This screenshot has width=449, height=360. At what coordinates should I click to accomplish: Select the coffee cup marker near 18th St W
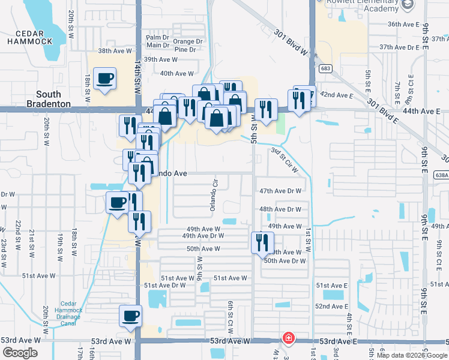coord(105,79)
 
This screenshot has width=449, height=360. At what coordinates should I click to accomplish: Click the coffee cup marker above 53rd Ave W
coord(130,315)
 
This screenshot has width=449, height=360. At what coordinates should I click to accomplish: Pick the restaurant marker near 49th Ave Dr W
coord(262,242)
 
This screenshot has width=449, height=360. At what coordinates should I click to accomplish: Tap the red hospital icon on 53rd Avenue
coord(289,338)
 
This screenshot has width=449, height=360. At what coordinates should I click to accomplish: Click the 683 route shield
coord(325,68)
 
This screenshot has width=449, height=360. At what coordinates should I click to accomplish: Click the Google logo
coord(20,353)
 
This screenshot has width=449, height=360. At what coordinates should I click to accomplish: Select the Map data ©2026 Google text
coord(411,355)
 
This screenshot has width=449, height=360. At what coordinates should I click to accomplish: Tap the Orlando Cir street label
coord(212,194)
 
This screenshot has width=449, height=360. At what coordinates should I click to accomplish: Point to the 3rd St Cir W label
coord(285,160)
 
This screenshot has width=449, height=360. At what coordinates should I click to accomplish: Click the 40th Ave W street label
coord(177,74)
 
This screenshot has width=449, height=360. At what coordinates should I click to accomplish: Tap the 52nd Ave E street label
coord(332,307)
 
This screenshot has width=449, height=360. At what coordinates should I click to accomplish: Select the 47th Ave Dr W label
coord(280,191)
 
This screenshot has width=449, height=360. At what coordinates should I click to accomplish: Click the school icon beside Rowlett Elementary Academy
coord(408,4)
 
